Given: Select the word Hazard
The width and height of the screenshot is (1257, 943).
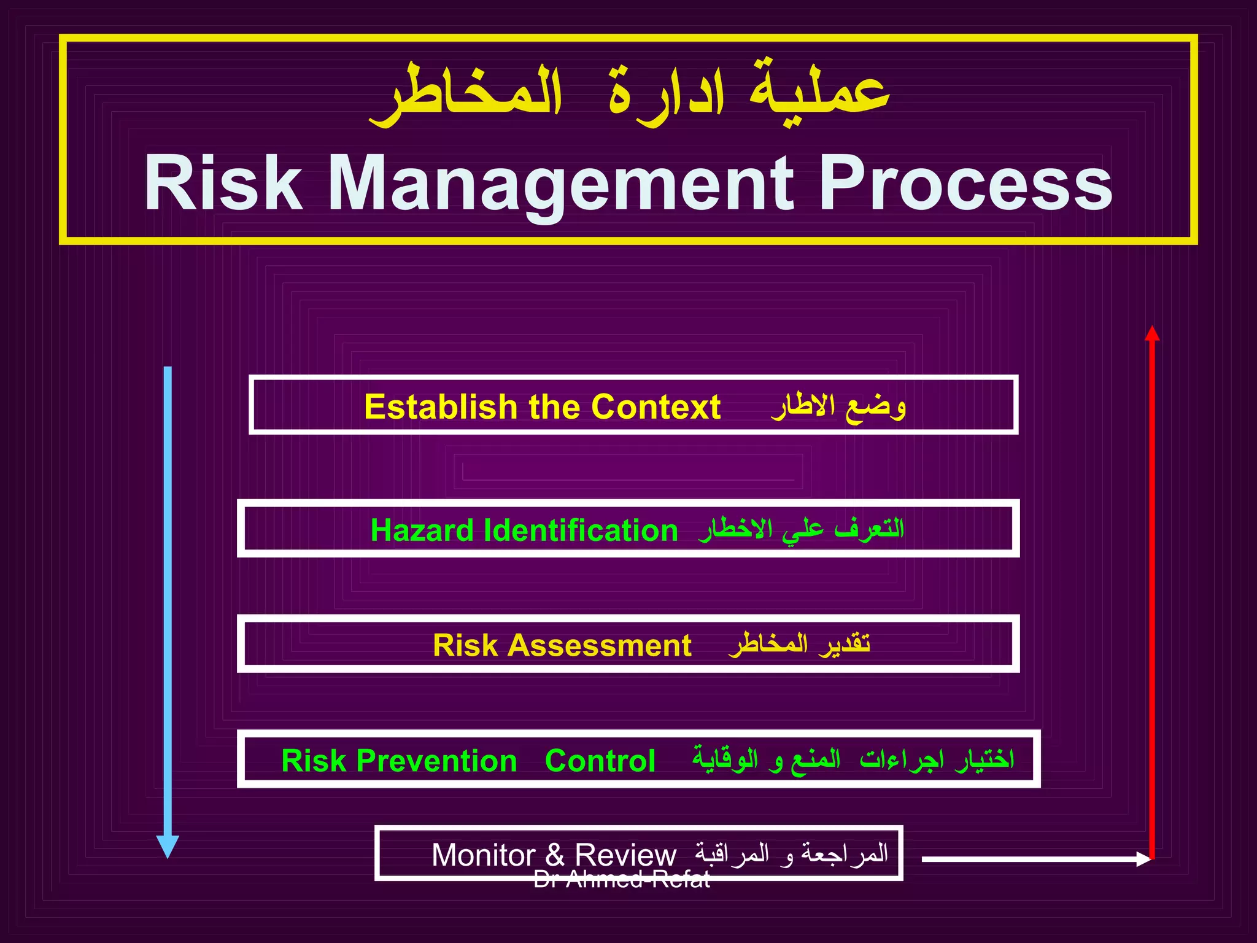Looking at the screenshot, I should click(422, 530).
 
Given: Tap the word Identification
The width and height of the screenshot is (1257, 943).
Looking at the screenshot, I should click(581, 530).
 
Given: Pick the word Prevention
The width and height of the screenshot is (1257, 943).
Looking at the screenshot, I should click(436, 761).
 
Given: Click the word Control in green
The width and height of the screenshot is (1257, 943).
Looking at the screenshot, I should click(600, 761).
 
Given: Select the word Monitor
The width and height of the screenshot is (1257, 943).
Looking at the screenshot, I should click(484, 855).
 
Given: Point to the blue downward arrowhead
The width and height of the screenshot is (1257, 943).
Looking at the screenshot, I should click(168, 846).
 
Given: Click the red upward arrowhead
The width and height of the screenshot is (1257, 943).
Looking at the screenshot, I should click(1152, 334).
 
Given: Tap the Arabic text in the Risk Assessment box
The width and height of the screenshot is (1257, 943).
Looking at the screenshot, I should click(799, 644).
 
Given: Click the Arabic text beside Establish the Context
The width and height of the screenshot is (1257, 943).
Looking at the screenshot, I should click(838, 406).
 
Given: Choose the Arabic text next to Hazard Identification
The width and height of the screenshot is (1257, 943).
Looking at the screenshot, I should click(801, 529).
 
